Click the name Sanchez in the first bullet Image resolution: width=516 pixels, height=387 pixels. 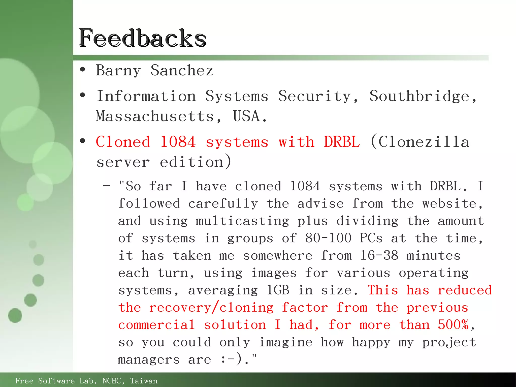click(182, 70)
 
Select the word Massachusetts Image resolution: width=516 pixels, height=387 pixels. click(155, 116)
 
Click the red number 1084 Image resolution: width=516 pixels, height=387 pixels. click(178, 142)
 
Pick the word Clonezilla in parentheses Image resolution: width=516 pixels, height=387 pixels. click(424, 142)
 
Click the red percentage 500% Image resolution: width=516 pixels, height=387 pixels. click(453, 324)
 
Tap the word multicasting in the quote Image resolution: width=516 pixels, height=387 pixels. click(242, 221)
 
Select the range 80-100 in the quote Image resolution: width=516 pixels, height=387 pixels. click(328, 238)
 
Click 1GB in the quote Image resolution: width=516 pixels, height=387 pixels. click(278, 290)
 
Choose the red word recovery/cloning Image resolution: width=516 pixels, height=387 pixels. click(211, 308)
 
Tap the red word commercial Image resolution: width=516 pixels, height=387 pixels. click(156, 325)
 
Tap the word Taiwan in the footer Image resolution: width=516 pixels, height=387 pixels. click(144, 381)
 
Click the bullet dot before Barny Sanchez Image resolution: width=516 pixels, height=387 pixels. click(82, 70)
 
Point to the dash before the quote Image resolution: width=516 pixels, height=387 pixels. click(106, 186)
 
